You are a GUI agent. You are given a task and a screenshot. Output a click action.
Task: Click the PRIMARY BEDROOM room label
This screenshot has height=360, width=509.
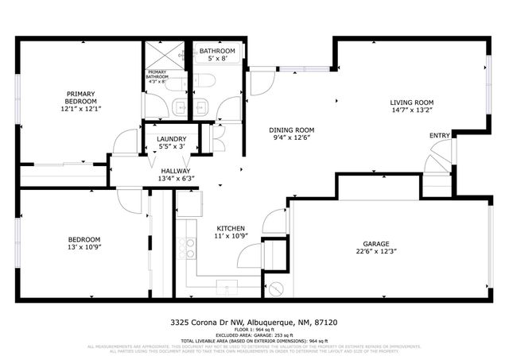(81, 97)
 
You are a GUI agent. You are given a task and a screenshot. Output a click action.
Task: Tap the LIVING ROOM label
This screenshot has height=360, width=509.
(410, 103)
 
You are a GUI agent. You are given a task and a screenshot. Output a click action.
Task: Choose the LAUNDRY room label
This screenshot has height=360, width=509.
(172, 138)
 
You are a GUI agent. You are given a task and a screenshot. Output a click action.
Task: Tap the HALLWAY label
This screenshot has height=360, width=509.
(175, 170)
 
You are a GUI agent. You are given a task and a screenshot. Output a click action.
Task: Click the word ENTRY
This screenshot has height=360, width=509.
(439, 135)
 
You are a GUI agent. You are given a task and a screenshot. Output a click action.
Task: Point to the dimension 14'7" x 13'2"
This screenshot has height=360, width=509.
(410, 111)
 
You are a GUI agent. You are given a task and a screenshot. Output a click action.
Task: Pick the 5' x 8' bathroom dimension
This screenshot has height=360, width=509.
(216, 59)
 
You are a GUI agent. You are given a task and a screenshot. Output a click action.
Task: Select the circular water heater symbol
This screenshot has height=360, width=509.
(276, 289)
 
